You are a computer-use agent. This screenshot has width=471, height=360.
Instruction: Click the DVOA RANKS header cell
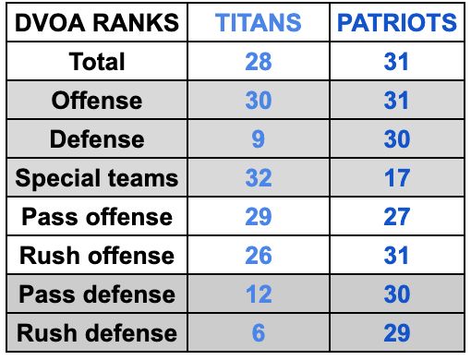click(x=97, y=23)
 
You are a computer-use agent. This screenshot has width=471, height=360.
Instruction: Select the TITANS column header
click(x=259, y=23)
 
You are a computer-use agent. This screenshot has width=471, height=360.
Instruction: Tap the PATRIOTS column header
click(x=397, y=23)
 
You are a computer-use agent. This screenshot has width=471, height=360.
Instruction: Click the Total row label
click(x=97, y=62)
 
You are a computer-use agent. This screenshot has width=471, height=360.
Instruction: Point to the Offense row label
click(x=97, y=101)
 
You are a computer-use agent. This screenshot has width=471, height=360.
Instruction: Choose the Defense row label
click(x=97, y=139)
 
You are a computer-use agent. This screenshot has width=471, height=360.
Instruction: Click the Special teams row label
click(x=97, y=178)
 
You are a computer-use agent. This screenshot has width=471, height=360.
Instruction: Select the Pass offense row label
click(x=97, y=217)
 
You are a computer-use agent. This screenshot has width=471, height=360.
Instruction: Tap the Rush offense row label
click(x=97, y=256)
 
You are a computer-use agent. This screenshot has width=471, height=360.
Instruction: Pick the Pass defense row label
click(x=97, y=294)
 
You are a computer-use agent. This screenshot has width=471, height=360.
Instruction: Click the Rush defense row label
click(x=97, y=333)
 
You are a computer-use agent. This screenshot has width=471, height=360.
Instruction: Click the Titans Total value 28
click(x=259, y=62)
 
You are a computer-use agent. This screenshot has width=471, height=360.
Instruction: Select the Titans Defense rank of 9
click(x=259, y=139)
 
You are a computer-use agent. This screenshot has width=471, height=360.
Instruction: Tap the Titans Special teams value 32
click(x=259, y=178)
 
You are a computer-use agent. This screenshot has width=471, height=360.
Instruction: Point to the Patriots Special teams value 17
click(x=397, y=178)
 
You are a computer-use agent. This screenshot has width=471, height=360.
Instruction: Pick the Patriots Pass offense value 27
click(x=397, y=217)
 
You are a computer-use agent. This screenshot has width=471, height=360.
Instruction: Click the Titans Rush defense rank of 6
click(x=259, y=333)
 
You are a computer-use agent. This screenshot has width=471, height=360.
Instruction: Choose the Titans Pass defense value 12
click(x=259, y=294)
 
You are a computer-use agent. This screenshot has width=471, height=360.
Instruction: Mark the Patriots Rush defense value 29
click(x=397, y=333)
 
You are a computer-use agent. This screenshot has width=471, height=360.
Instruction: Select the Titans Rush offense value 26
click(x=259, y=256)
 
